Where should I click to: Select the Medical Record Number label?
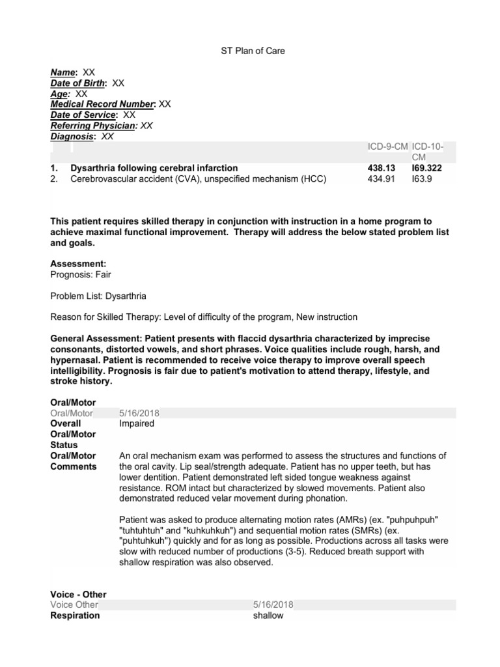pos(103,104)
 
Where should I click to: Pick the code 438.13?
pos(381,168)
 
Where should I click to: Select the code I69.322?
pos(426,168)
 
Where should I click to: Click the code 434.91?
pos(381,178)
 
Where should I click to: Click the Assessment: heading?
pos(77,264)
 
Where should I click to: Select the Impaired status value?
pos(137,423)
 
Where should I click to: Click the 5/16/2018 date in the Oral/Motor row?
pos(139,413)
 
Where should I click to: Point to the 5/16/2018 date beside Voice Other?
pos(273,605)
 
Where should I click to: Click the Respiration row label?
pos(74,616)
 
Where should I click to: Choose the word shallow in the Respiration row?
pos(268,616)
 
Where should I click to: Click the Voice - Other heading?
pos(78,594)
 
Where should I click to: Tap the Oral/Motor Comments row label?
pos(73,461)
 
